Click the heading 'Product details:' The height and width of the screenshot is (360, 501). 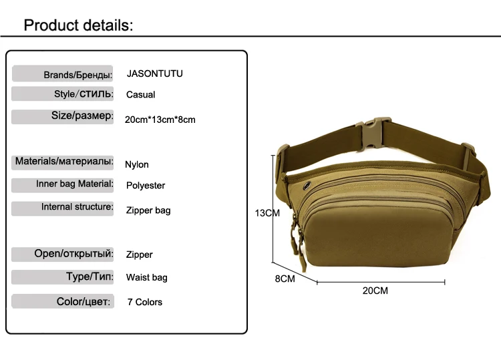coord(79,26)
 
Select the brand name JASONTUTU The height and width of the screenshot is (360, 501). coord(154,73)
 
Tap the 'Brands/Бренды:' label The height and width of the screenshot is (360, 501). coord(77,74)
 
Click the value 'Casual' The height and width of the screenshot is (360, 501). coord(140,95)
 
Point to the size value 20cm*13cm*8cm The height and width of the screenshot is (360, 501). coord(160,120)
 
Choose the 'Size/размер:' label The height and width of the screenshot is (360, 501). coord(82,116)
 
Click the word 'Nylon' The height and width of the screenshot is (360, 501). coord(137,164)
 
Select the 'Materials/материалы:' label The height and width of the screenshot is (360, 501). coord(64,161)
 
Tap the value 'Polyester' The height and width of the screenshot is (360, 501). coord(146,186)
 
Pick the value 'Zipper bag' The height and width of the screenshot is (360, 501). coord(148,210)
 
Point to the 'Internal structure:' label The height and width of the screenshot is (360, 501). coord(77,207)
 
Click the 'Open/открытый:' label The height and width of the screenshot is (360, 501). coord(73,254)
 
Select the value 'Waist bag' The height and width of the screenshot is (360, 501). coord(147,277)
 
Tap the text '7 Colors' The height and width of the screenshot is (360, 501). coord(145,302)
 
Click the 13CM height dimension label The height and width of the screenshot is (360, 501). coord(267,213)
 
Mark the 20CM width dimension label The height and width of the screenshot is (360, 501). coord(375,291)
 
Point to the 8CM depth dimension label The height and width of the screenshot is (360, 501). coord(285,279)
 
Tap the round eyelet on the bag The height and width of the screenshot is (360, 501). coord(307,184)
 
